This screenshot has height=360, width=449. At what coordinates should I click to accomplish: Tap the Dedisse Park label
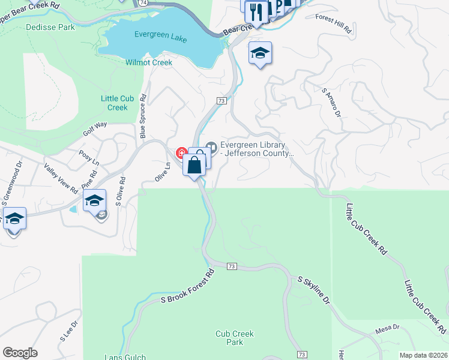tap(50, 27)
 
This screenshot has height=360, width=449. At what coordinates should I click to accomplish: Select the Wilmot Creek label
tap(149, 62)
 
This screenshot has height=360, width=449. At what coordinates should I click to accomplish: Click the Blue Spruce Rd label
tap(143, 116)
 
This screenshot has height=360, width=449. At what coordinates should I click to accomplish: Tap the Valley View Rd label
tap(61, 178)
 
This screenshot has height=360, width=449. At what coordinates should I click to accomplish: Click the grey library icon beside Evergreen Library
tap(211, 146)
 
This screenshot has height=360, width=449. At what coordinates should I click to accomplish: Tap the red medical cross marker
tap(180, 154)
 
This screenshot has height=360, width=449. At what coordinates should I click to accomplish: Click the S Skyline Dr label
tap(314, 290)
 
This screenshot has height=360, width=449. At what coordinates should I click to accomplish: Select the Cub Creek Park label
tap(235, 338)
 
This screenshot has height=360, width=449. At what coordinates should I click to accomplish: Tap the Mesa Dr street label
tap(387, 328)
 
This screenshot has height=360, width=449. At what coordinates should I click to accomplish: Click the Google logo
tap(20, 353)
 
